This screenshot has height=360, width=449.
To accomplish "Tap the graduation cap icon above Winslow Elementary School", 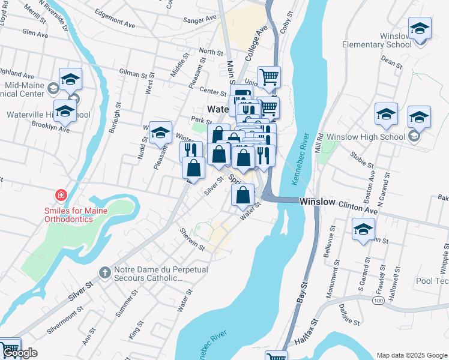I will coord(420,28).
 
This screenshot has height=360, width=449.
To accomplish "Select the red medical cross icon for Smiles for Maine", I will coord(60,195).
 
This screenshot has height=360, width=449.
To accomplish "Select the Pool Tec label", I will coord(433,281).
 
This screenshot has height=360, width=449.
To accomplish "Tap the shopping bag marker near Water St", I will coord(243,195).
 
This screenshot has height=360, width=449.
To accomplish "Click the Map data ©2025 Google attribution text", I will coord(412,355).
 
